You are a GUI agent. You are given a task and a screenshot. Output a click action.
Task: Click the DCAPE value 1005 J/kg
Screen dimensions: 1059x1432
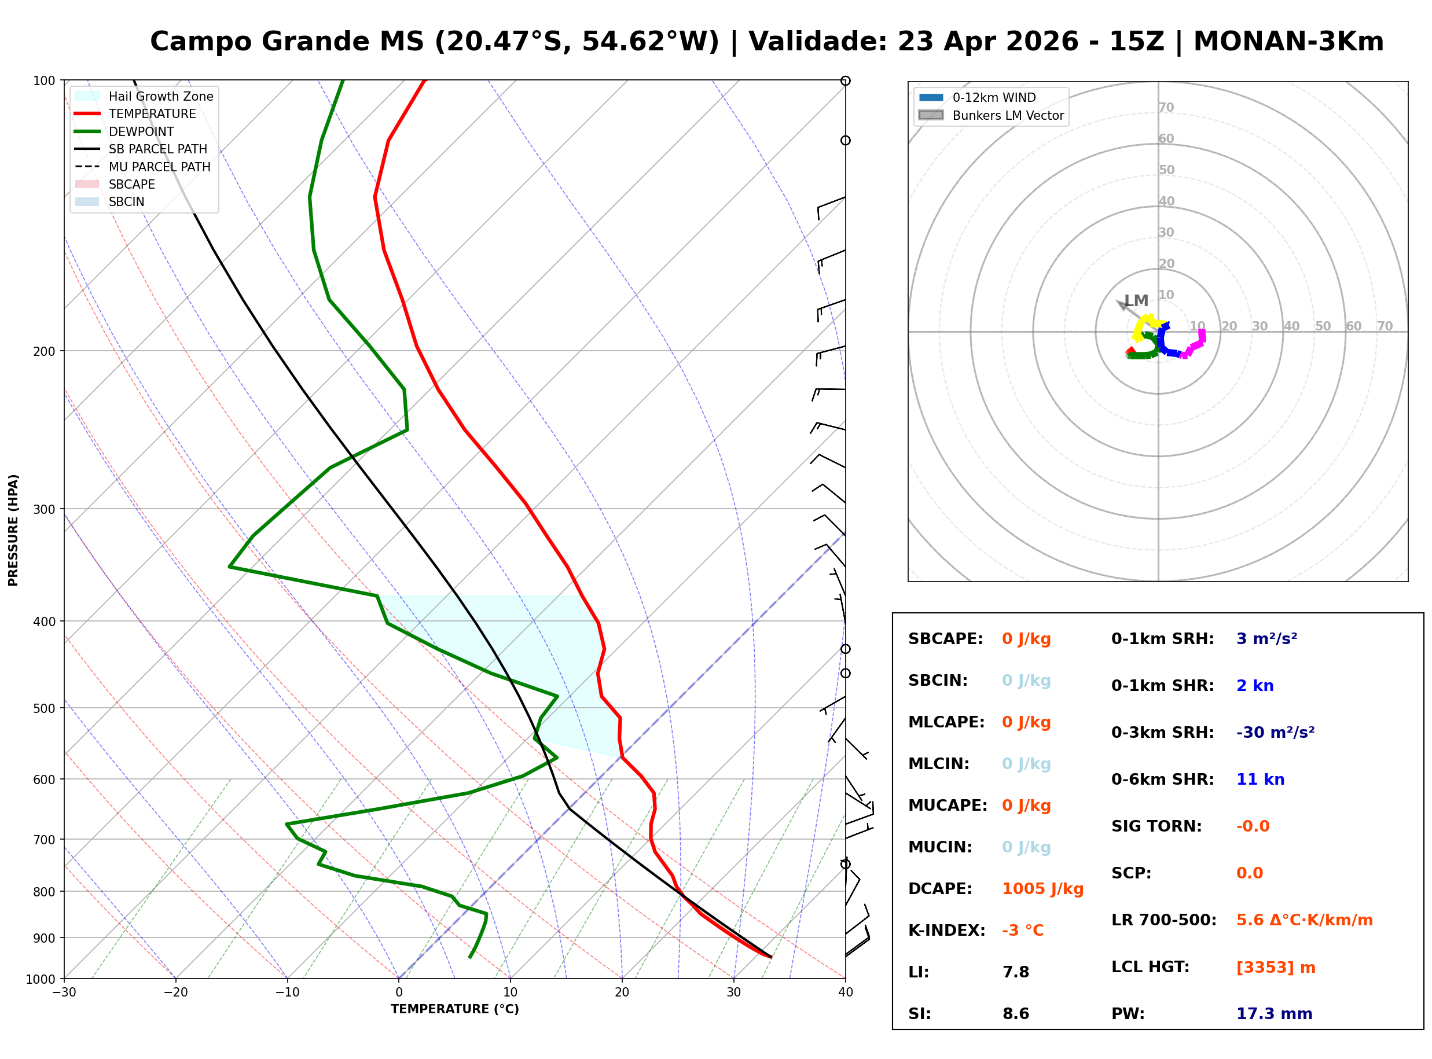point(1042,888)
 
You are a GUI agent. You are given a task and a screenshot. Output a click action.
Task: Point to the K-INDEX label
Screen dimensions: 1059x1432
point(946,930)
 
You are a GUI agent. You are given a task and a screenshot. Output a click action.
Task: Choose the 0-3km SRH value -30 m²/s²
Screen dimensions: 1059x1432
point(1275,732)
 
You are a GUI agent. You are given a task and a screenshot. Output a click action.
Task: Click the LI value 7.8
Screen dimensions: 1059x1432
point(1015,972)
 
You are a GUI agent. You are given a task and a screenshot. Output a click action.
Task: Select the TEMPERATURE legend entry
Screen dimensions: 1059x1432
point(152,113)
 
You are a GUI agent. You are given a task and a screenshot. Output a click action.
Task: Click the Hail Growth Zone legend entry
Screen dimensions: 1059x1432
point(160,96)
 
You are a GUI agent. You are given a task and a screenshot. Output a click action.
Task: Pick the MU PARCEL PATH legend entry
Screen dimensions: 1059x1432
point(159,167)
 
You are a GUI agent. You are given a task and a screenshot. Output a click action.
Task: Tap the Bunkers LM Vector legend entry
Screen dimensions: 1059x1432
point(1007,115)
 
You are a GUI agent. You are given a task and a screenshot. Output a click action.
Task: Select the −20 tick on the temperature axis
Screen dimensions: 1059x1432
point(175,992)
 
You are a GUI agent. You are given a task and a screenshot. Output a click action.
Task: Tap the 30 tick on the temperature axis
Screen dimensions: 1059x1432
point(733,992)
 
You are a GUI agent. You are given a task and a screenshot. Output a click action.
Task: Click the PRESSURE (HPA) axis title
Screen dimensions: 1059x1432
point(13,529)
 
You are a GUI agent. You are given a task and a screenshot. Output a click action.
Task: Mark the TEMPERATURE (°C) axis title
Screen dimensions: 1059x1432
point(454,1009)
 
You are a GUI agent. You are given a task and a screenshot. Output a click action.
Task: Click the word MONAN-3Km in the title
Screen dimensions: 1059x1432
point(1288,42)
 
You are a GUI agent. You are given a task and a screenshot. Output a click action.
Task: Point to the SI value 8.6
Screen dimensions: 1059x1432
point(1015,1013)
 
